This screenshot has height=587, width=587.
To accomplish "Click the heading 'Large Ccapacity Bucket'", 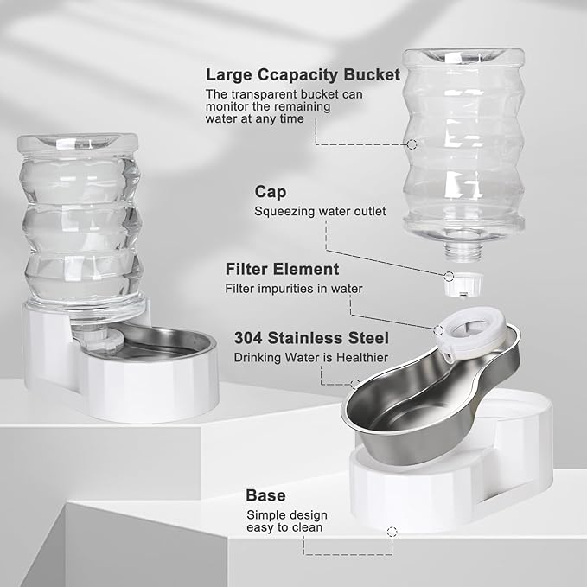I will (303, 75).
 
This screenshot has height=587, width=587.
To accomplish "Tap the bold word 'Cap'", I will (270, 191).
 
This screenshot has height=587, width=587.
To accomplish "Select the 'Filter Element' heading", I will (282, 269).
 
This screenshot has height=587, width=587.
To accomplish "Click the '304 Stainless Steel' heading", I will (311, 338).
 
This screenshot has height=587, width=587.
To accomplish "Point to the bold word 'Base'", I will (266, 495).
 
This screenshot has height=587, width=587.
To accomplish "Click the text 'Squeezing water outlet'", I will (319, 210).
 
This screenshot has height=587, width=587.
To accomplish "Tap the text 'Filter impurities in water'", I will (294, 289).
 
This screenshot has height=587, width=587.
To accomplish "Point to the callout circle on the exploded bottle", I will (412, 145).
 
